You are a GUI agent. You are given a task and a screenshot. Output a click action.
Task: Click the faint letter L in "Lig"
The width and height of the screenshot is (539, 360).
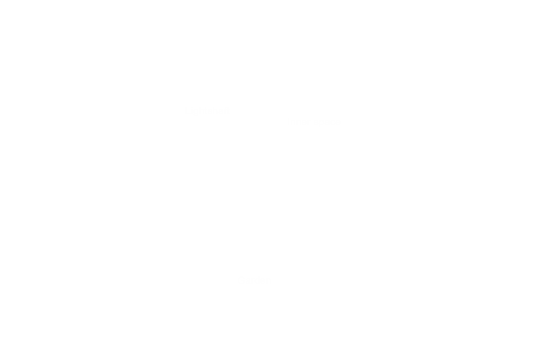[x=187, y=110]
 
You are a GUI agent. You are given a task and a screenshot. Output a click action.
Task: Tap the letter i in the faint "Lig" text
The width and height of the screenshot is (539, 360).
[x=191, y=110]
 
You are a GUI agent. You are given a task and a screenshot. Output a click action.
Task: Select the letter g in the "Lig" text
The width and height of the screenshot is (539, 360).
[x=195, y=111]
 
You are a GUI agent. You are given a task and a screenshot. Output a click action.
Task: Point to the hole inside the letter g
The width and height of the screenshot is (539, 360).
[x=195, y=110]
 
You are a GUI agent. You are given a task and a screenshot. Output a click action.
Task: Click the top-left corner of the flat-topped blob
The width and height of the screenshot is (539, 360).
[x=199, y=96]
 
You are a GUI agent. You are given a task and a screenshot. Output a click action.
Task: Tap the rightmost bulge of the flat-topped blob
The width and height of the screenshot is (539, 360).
[x=243, y=110]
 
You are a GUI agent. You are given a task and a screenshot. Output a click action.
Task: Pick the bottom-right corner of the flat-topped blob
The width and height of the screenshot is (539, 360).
[x=237, y=124]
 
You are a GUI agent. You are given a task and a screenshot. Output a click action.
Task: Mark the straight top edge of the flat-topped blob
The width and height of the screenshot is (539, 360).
[x=218, y=96]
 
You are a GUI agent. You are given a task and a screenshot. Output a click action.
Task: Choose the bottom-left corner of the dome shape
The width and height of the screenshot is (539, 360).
[x=214, y=287]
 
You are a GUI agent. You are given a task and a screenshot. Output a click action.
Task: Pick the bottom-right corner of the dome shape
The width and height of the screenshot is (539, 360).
[x=298, y=287]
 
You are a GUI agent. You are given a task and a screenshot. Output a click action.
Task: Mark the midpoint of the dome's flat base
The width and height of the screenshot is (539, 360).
[x=256, y=287]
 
